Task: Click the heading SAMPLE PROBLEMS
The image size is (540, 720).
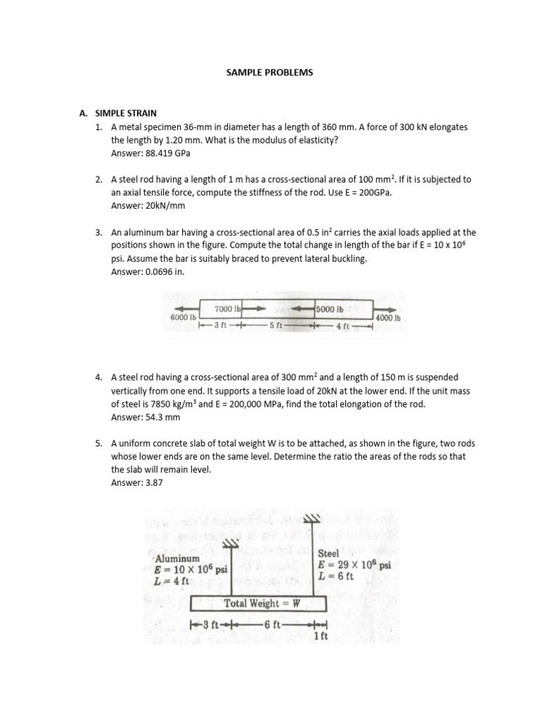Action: point(270,72)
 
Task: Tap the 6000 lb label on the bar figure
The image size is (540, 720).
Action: point(181,317)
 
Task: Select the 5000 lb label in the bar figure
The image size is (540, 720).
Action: point(330,309)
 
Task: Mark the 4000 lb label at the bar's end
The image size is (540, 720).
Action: point(387,318)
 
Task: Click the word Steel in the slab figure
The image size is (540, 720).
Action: point(328,553)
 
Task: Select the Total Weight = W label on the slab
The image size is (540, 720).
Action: point(262,603)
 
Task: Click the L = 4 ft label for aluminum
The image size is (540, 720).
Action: point(172,581)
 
